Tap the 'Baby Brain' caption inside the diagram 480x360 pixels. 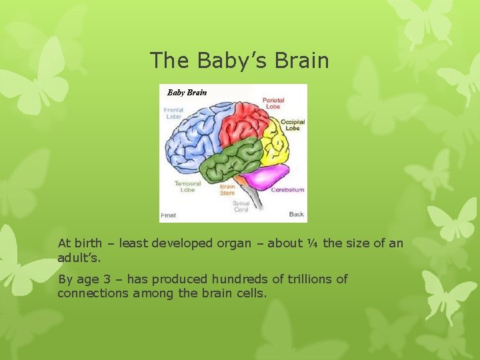point(187,93)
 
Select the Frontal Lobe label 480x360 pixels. point(173,113)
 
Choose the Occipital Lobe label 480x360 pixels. point(293,125)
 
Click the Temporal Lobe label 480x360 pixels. point(188,187)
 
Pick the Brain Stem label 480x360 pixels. point(227,190)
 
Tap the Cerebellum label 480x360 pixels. point(287,190)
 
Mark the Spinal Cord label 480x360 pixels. point(241,206)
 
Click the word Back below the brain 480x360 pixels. point(297,215)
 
